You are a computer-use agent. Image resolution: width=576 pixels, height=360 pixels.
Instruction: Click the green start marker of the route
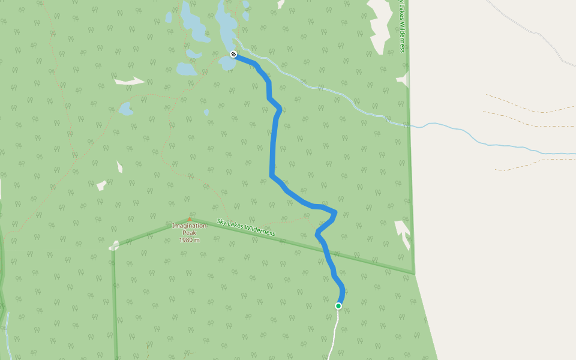coord(338,306)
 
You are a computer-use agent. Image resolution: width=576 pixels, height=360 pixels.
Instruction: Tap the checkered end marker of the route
coord(233,55)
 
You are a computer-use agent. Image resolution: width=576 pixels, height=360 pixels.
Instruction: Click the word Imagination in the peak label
coord(189,226)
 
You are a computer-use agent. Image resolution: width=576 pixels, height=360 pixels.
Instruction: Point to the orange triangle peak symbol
coord(190,219)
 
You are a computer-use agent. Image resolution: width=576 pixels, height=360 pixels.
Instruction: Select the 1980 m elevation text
coord(189,240)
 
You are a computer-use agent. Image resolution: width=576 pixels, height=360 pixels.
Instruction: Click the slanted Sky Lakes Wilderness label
coord(245,227)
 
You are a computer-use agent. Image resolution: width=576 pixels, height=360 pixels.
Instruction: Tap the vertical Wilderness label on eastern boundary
coord(403,26)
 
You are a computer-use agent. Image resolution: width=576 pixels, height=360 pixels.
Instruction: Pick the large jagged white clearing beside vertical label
coord(380,24)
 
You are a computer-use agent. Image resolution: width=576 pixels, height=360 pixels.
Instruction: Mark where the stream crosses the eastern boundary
coord(409,126)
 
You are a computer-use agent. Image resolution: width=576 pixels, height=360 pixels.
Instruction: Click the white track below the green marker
coord(333,336)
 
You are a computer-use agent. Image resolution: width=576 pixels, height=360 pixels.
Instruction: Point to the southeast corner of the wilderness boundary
coord(414,274)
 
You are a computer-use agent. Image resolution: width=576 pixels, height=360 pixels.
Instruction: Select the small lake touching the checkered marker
coord(228,62)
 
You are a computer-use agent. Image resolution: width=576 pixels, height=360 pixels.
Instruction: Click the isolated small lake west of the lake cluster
coord(125,109)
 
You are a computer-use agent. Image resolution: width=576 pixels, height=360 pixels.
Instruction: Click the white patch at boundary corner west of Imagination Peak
coord(114,245)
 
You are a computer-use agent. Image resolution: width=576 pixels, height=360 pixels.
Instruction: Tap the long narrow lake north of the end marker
coord(227,24)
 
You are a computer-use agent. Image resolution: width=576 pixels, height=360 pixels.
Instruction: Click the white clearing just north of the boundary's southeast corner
coord(403,232)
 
